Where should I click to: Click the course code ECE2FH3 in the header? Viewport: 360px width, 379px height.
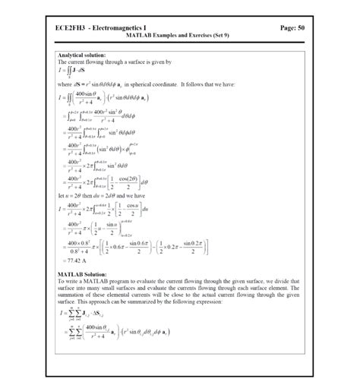72,27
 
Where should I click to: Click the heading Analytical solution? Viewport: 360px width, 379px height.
81,55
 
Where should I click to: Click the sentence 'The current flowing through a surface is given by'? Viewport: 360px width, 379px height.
115,62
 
